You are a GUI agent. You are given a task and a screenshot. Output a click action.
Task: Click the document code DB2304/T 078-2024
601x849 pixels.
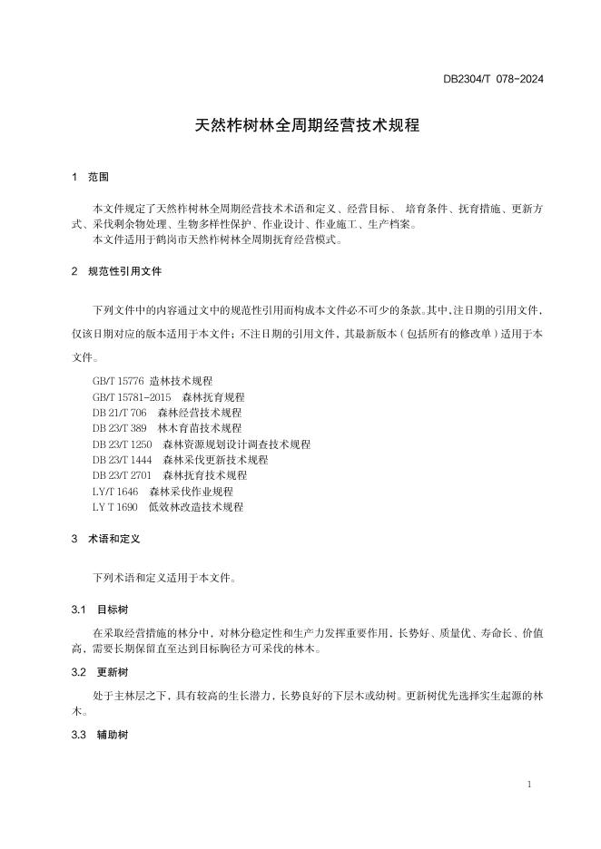click(493, 79)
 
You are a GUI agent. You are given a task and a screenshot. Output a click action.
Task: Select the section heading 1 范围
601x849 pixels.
click(90, 177)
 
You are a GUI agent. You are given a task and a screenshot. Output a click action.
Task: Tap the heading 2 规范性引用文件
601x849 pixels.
click(116, 271)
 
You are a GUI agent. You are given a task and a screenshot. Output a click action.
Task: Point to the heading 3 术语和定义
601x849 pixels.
click(105, 539)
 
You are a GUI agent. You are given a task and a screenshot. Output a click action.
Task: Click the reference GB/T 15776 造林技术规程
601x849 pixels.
click(153, 382)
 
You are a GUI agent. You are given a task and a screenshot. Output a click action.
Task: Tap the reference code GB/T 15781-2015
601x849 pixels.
click(132, 397)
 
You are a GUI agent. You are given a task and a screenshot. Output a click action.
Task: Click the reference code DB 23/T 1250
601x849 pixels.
click(123, 444)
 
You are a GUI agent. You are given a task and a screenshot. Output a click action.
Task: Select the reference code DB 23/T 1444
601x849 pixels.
click(123, 460)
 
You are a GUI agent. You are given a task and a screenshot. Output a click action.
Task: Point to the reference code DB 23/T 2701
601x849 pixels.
click(123, 475)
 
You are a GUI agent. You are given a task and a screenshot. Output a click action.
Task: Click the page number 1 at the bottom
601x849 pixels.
click(529, 784)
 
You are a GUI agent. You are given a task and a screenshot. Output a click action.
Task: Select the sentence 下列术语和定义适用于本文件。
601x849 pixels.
click(163, 577)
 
